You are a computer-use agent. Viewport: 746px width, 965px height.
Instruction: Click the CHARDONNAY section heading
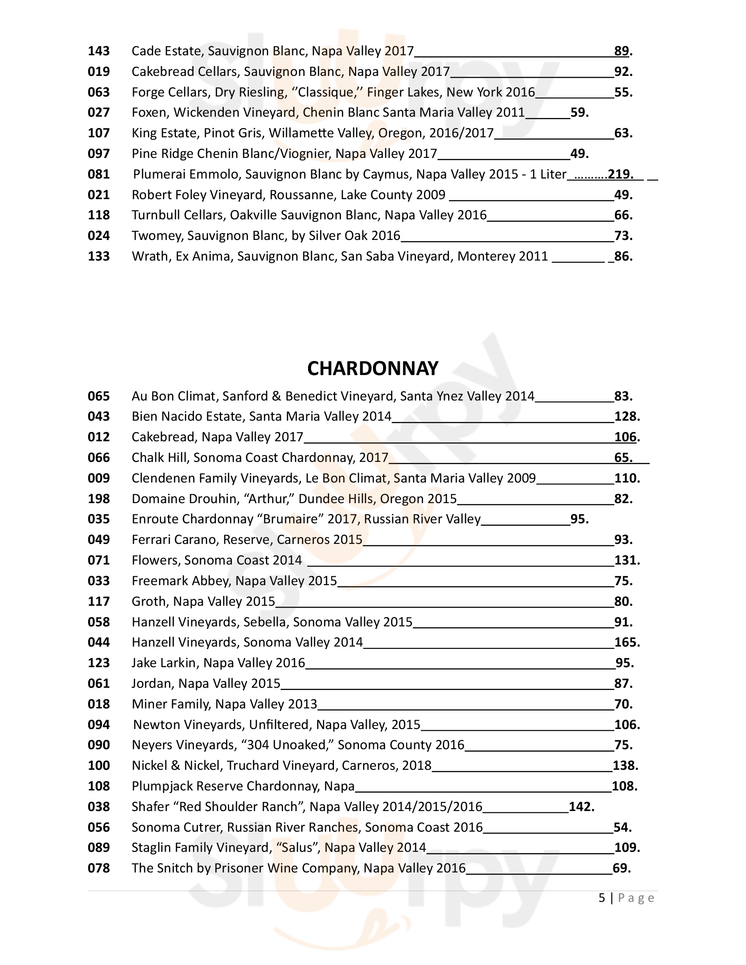[373, 368]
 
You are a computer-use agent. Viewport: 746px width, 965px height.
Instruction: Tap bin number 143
[99, 51]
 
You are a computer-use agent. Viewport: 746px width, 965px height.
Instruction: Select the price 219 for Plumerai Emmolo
[620, 174]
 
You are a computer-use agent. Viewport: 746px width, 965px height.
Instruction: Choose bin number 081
[99, 174]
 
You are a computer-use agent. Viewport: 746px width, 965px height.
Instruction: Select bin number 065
[99, 397]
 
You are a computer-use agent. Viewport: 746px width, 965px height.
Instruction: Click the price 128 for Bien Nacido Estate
[626, 417]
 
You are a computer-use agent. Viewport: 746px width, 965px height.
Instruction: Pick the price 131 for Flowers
[626, 560]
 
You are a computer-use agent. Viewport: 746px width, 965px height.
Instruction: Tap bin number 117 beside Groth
[99, 601]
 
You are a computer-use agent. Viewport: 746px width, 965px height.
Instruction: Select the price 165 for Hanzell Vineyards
[626, 643]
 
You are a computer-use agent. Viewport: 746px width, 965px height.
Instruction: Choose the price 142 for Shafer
[581, 807]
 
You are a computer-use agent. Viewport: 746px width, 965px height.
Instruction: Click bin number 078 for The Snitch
[99, 868]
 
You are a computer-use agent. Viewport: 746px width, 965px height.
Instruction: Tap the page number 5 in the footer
[602, 898]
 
